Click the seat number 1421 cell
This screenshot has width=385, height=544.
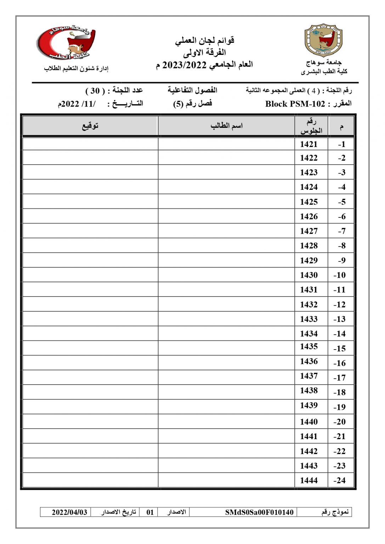coord(308,144)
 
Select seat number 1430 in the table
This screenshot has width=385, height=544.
coord(308,275)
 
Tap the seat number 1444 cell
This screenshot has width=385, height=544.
coord(308,480)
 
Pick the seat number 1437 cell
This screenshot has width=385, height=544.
coord(308,376)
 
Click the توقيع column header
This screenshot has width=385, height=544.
coord(90,126)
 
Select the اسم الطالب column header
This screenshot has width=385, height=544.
coord(226,126)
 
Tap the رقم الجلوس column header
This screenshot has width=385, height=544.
coord(311,126)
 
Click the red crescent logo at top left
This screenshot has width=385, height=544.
coord(67,42)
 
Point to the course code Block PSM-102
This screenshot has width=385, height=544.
coord(295,104)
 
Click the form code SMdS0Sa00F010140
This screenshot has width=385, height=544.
coord(259,512)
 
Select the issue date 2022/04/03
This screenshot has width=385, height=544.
coord(69,512)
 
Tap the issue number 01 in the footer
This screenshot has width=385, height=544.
coord(150,512)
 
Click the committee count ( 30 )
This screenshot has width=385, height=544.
coord(95,91)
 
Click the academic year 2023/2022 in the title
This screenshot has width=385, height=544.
coord(184,65)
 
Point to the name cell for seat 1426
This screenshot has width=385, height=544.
coord(226,216)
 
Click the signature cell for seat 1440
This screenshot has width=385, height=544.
coord(90,421)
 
